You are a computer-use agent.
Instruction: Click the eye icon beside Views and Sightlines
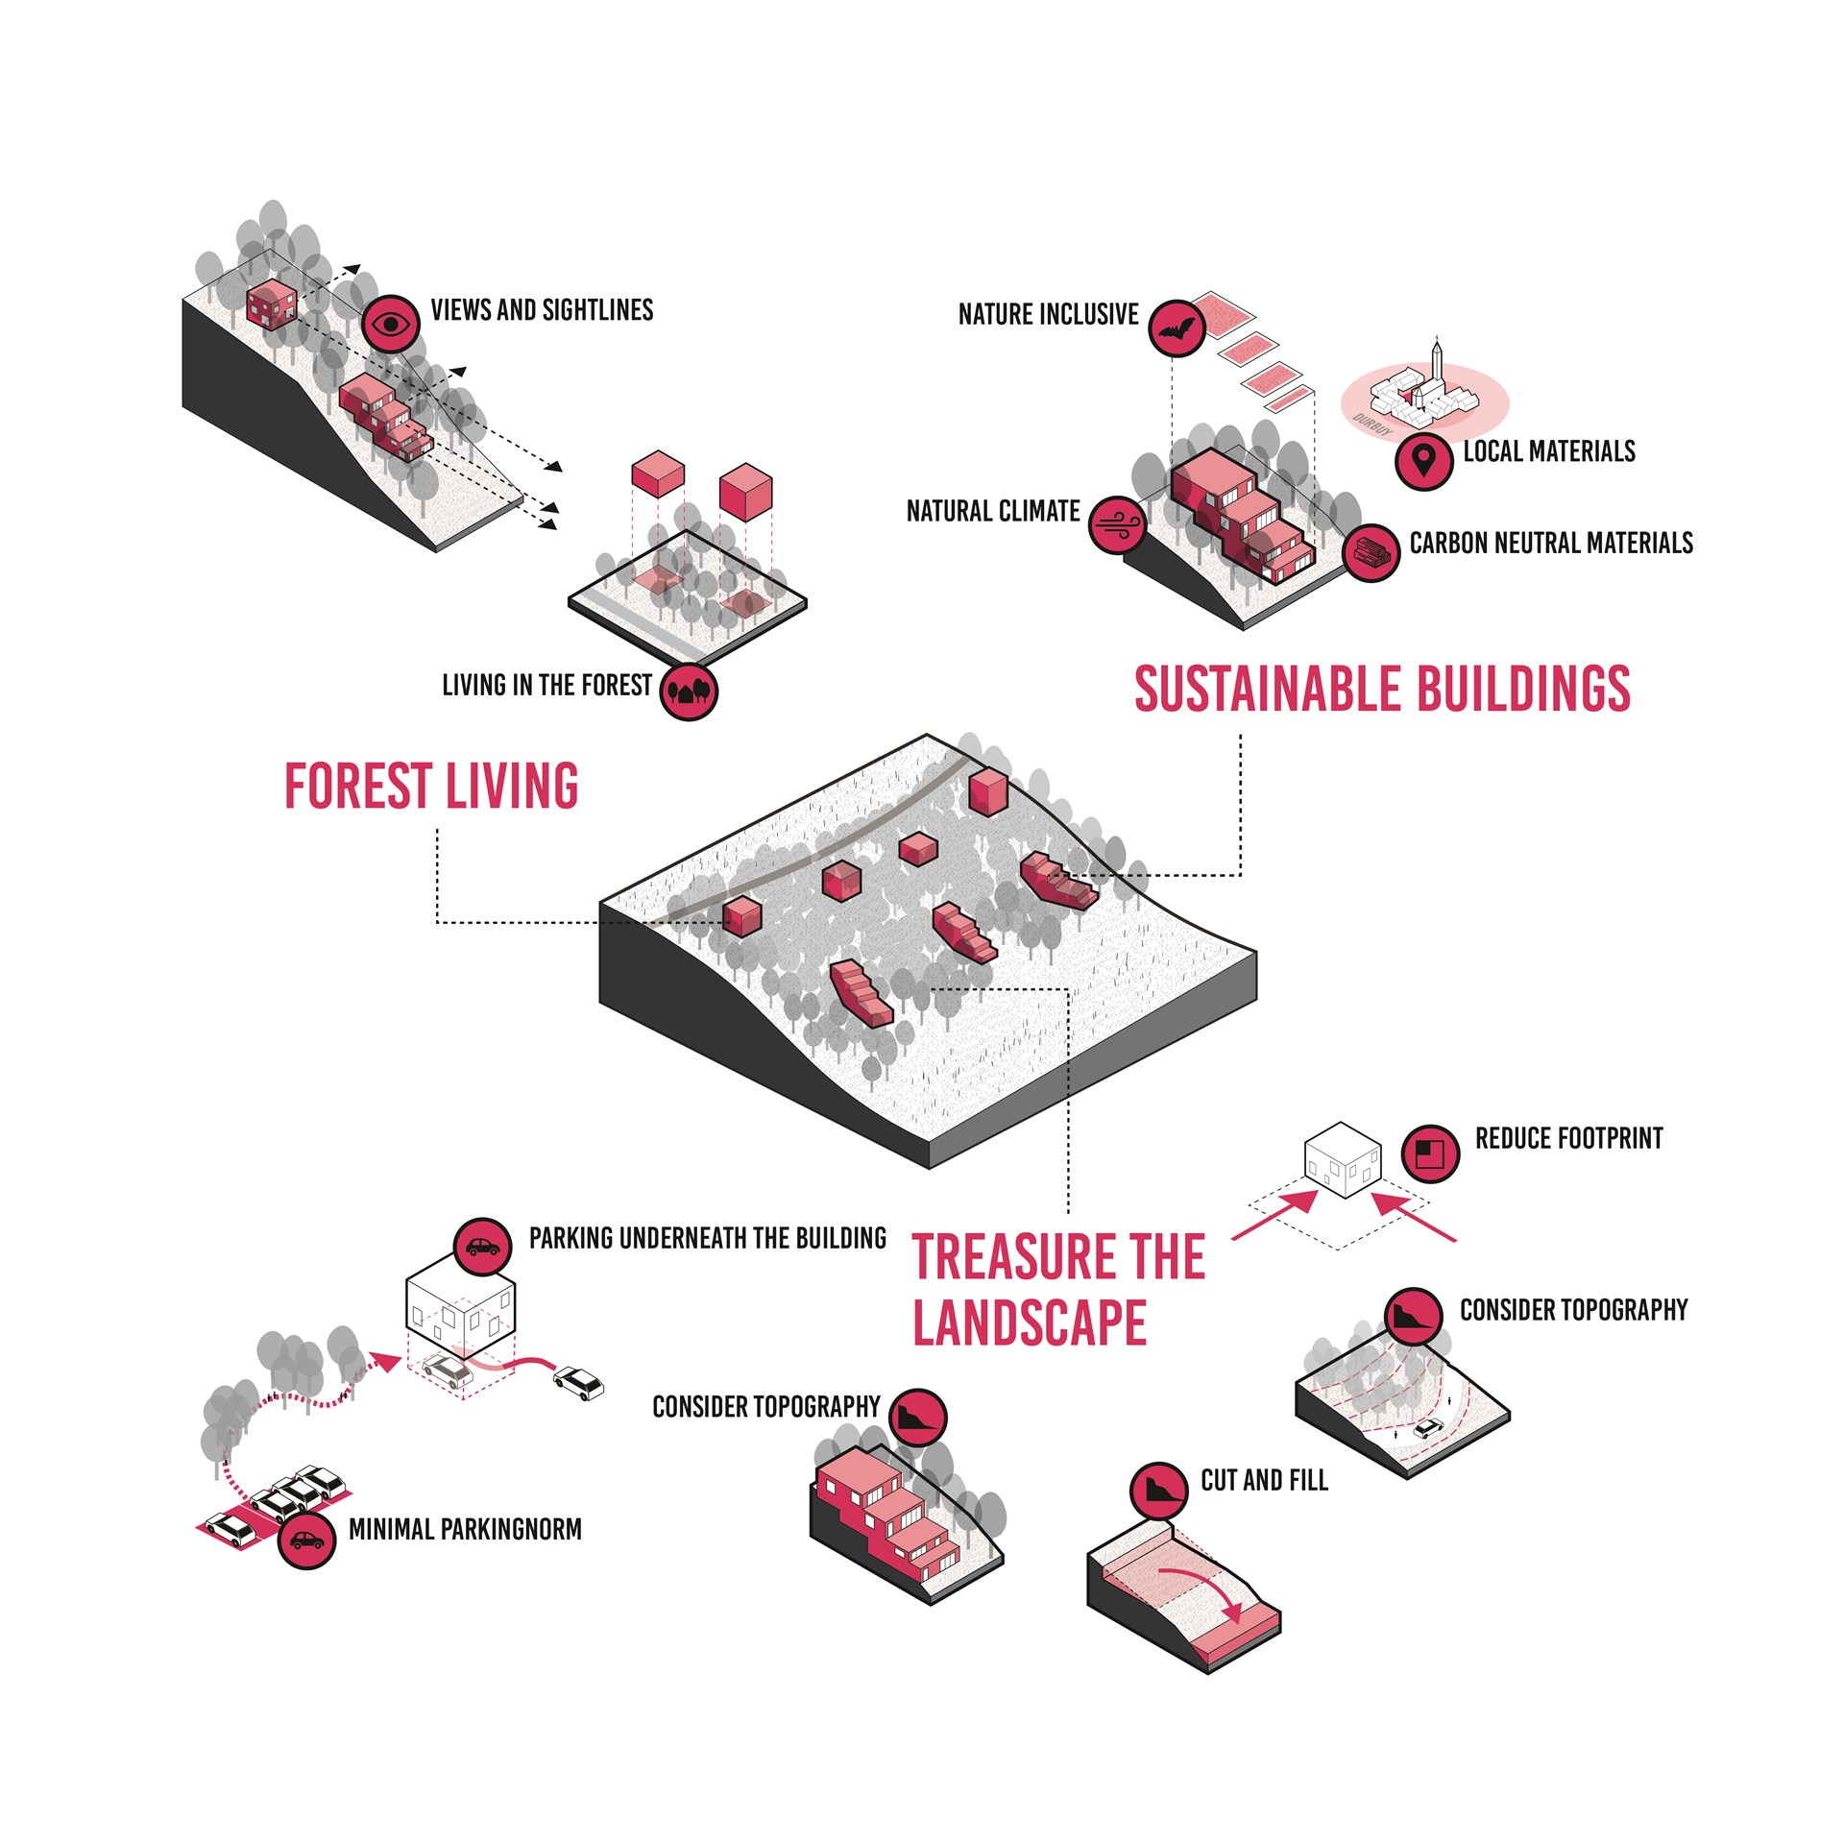391,324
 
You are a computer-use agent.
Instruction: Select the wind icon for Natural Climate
1118,524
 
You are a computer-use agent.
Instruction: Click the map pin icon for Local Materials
1423,461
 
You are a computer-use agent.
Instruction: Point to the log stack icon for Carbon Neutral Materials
1371,552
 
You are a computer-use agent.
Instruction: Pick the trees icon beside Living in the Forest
689,691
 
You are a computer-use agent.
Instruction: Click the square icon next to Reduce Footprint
1430,1152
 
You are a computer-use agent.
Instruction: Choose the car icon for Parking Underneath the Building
481,1247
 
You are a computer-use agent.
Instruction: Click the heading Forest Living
431,787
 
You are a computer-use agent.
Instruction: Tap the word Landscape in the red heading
1030,1323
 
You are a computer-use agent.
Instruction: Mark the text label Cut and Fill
1264,1481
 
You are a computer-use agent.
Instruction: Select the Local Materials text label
1548,451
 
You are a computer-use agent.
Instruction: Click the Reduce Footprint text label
1568,1139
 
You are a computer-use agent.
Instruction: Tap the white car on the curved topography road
1428,1428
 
